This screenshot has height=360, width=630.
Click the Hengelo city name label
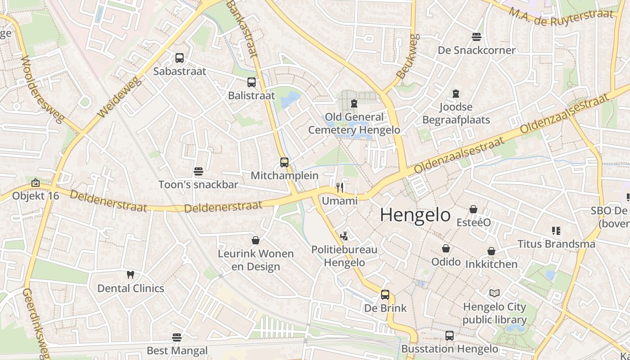[x=415, y=215]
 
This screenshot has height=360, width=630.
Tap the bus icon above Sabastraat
[x=180, y=58]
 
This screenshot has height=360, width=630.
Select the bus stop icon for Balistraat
[x=252, y=82]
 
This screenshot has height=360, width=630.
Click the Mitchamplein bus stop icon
[x=284, y=162]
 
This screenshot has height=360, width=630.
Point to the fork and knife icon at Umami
[x=340, y=188]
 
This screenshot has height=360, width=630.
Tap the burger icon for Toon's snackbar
[x=198, y=171]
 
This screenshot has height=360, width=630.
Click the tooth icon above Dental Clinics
[x=130, y=274]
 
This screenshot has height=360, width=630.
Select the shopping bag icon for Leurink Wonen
[x=256, y=240]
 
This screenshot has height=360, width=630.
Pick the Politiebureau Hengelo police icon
[x=344, y=236]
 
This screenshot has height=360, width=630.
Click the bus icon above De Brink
[x=385, y=295]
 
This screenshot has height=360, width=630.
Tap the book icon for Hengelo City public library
[x=495, y=293]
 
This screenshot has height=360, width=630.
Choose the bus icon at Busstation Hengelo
[x=450, y=335]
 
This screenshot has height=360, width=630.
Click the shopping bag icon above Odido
[x=446, y=248]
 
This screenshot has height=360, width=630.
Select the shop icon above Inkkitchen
[x=491, y=251]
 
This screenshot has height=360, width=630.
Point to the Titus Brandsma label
[x=556, y=244]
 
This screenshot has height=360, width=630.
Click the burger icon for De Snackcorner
[x=477, y=36]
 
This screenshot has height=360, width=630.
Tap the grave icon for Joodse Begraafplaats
[x=456, y=94]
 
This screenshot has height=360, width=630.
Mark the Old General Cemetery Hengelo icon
[x=354, y=103]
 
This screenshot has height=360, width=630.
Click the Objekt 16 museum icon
[x=36, y=183]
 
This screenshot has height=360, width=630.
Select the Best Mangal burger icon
[x=177, y=337]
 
